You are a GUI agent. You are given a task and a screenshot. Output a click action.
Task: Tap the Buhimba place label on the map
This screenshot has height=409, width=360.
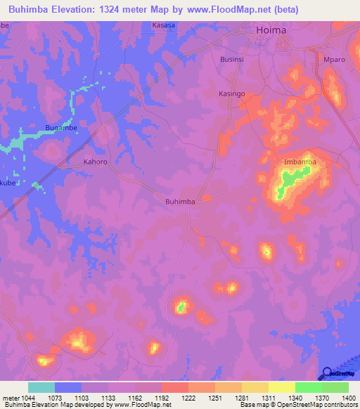[179, 201]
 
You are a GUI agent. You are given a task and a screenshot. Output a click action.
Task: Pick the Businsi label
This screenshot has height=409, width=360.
[232, 60]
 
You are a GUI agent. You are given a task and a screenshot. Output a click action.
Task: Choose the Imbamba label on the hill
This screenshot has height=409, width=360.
[300, 162]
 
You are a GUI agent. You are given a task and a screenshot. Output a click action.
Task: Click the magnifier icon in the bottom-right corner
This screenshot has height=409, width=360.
[327, 373]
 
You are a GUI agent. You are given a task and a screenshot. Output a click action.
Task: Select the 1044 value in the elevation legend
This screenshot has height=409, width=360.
[27, 397]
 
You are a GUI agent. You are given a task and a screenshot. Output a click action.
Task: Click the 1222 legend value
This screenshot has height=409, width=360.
[188, 397]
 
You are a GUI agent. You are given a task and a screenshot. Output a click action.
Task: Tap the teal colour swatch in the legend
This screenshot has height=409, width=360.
[41, 387]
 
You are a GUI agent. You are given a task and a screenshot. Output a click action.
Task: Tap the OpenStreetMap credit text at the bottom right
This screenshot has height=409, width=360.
[319, 405]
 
